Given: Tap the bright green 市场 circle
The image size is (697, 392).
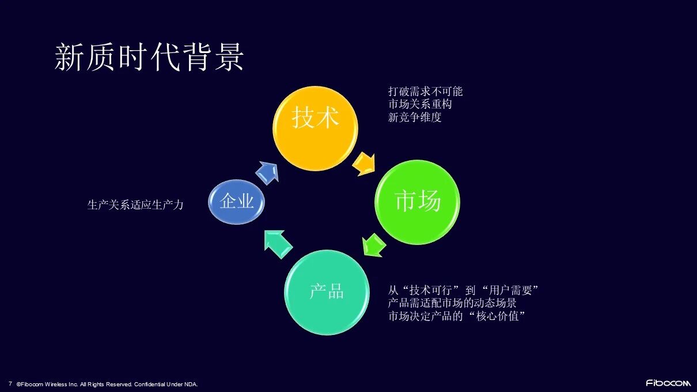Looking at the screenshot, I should pos(418,201).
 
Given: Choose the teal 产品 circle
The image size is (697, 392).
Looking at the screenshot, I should pos(327,292).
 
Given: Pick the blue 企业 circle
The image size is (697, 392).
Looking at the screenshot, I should pos(237,201).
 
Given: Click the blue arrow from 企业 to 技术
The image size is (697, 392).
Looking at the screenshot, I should pos(267,172).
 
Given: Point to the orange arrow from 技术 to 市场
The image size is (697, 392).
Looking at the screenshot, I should pos(364,164).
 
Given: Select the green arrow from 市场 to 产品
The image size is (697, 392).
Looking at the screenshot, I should pos(374,244).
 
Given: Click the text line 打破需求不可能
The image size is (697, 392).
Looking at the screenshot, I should pos(425,92).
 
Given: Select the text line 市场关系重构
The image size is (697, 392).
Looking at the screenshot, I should pos(419,104).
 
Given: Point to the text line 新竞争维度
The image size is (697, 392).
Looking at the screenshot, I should pos(415,117).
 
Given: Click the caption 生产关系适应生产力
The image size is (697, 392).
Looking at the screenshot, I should pos(135,205).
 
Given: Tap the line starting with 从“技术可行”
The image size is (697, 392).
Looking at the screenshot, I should pos(463,290).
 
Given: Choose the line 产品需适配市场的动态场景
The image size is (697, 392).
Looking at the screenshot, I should pos(452,303).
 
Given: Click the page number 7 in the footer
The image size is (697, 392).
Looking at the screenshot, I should pos(10,383).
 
